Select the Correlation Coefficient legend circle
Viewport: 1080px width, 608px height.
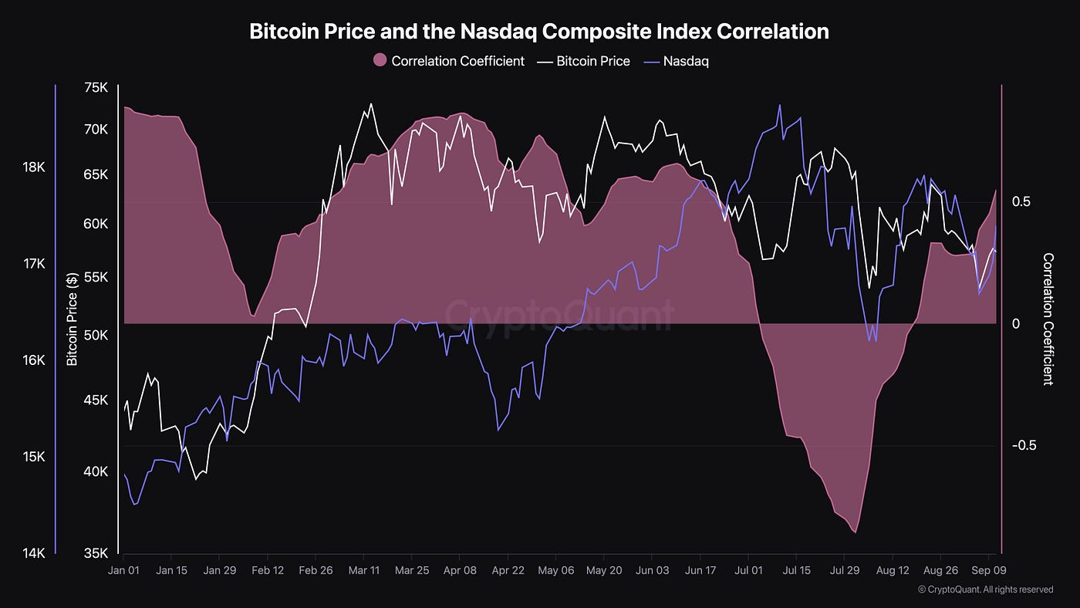(x=380, y=61)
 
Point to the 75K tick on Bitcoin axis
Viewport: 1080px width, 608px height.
(x=96, y=88)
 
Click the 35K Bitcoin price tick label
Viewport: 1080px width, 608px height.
(x=96, y=552)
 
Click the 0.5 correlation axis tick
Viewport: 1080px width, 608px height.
(x=1021, y=201)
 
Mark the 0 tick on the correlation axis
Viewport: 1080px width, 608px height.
(x=1016, y=323)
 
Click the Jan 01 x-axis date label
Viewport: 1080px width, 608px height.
(x=123, y=570)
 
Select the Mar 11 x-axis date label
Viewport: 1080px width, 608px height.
(x=363, y=570)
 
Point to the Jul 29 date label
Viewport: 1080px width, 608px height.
(x=844, y=570)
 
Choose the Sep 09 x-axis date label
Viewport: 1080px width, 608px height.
(x=989, y=570)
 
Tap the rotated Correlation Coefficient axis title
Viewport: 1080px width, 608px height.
(x=1048, y=319)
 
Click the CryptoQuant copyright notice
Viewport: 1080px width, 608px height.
(x=985, y=589)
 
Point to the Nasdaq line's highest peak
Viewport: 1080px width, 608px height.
(x=779, y=106)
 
